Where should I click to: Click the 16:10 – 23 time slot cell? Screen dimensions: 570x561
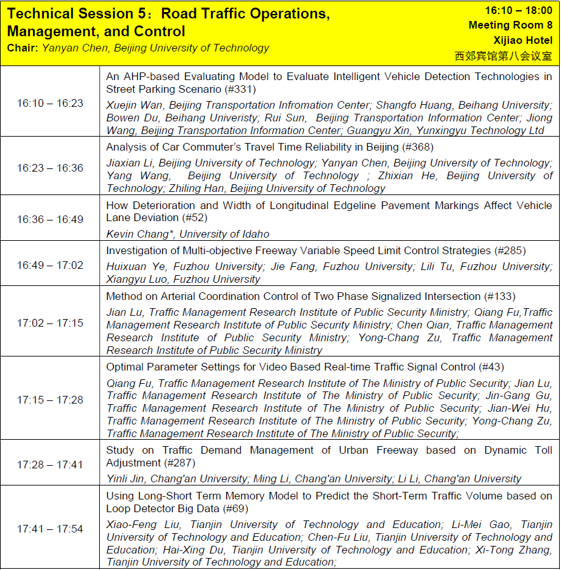[50, 103]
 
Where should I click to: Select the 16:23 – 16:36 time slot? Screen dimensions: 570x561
[50, 168]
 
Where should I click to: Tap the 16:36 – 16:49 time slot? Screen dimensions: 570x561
[50, 219]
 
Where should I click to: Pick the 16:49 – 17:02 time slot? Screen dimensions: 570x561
[50, 265]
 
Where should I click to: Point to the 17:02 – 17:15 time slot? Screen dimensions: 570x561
[50, 323]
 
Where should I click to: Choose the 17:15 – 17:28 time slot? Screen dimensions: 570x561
[50, 400]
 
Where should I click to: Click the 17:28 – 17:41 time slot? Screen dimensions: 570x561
[50, 465]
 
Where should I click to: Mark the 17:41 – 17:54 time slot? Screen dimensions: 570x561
[50, 529]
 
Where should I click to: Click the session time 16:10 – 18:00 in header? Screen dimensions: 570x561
[518, 11]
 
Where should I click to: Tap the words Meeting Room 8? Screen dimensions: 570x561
[510, 25]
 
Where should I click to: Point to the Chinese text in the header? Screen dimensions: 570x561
[503, 55]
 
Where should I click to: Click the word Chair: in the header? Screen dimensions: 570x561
[23, 48]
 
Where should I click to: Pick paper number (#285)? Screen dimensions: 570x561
[510, 251]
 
